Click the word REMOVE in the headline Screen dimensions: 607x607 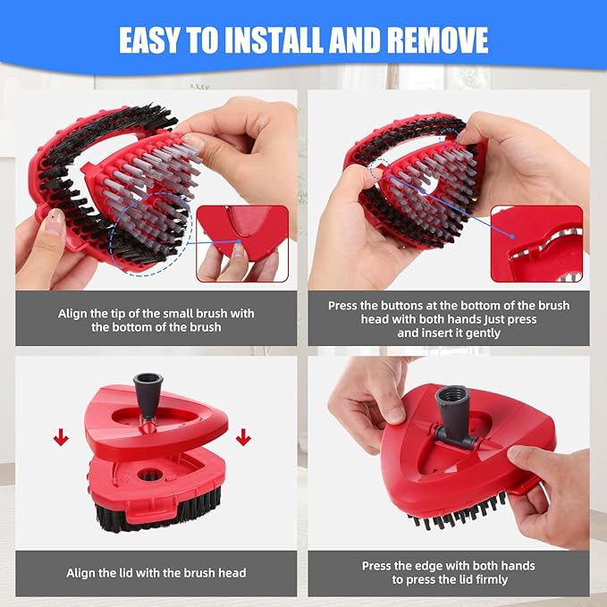pos(431,39)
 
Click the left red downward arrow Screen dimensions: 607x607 pos(61,437)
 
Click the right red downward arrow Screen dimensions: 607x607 pos(244,437)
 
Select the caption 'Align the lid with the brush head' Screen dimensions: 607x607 pos(156,572)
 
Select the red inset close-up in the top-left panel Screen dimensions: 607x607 pos(242,243)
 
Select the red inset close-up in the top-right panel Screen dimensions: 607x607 pos(536,244)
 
